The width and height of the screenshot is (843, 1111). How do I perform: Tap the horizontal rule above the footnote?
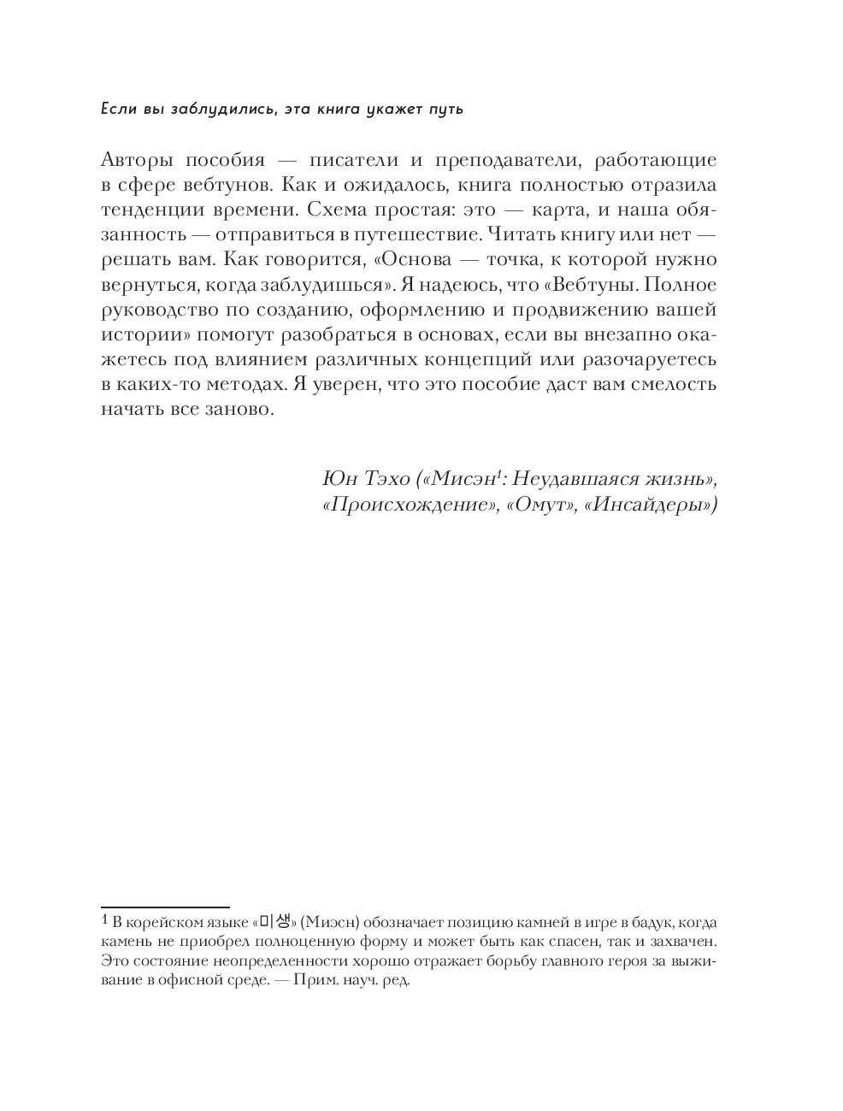click(x=165, y=906)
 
